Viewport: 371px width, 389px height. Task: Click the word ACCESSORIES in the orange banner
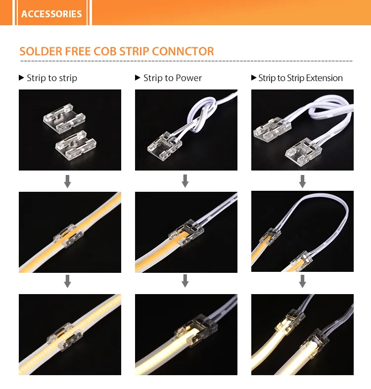click(x=51, y=14)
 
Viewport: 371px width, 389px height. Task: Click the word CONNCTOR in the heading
click(x=183, y=51)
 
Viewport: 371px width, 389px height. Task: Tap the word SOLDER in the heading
click(x=41, y=51)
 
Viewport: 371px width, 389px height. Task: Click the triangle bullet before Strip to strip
click(x=21, y=78)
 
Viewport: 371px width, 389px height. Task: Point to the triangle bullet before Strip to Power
click(x=138, y=78)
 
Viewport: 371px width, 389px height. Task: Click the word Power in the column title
click(x=189, y=78)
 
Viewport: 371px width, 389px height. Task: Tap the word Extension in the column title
click(x=325, y=78)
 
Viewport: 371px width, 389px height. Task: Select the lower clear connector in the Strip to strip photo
click(x=76, y=145)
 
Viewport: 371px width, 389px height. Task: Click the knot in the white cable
click(x=202, y=115)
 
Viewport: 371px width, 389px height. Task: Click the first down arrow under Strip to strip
click(x=68, y=181)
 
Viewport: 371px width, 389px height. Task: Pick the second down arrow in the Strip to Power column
click(x=185, y=281)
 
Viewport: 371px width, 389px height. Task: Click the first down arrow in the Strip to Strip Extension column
click(x=302, y=181)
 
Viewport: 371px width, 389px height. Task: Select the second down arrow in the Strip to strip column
click(x=68, y=281)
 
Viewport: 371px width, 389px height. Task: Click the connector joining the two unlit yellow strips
click(x=68, y=236)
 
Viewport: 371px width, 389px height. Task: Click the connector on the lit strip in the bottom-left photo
click(x=65, y=337)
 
